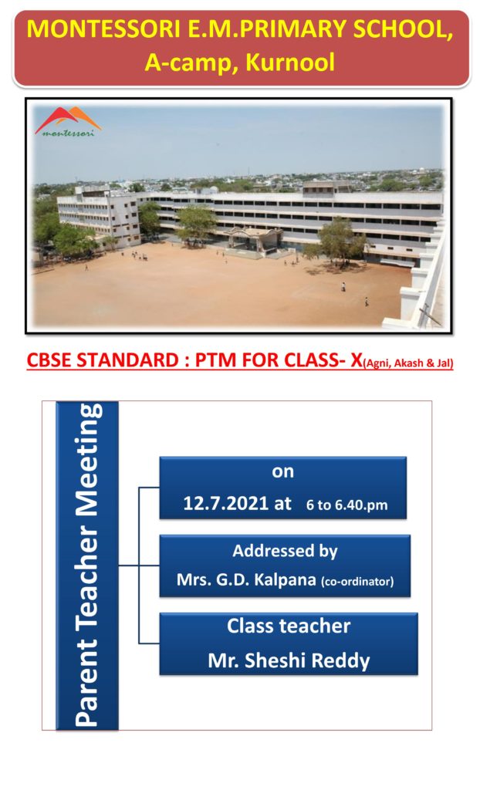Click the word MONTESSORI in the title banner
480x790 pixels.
pos(104,29)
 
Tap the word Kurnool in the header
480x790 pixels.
pos(290,62)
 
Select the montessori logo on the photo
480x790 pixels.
pos(68,121)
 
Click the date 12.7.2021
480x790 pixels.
pos(225,503)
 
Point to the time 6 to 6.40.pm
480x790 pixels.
pos(347,505)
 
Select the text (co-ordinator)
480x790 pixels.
pos(357,582)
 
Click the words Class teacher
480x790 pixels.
pos(289,626)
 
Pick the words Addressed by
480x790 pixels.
pos(285,551)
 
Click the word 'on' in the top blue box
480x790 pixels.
pos(283,471)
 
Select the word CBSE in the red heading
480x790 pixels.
pos(51,360)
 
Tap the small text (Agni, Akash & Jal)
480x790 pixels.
pos(408,363)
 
